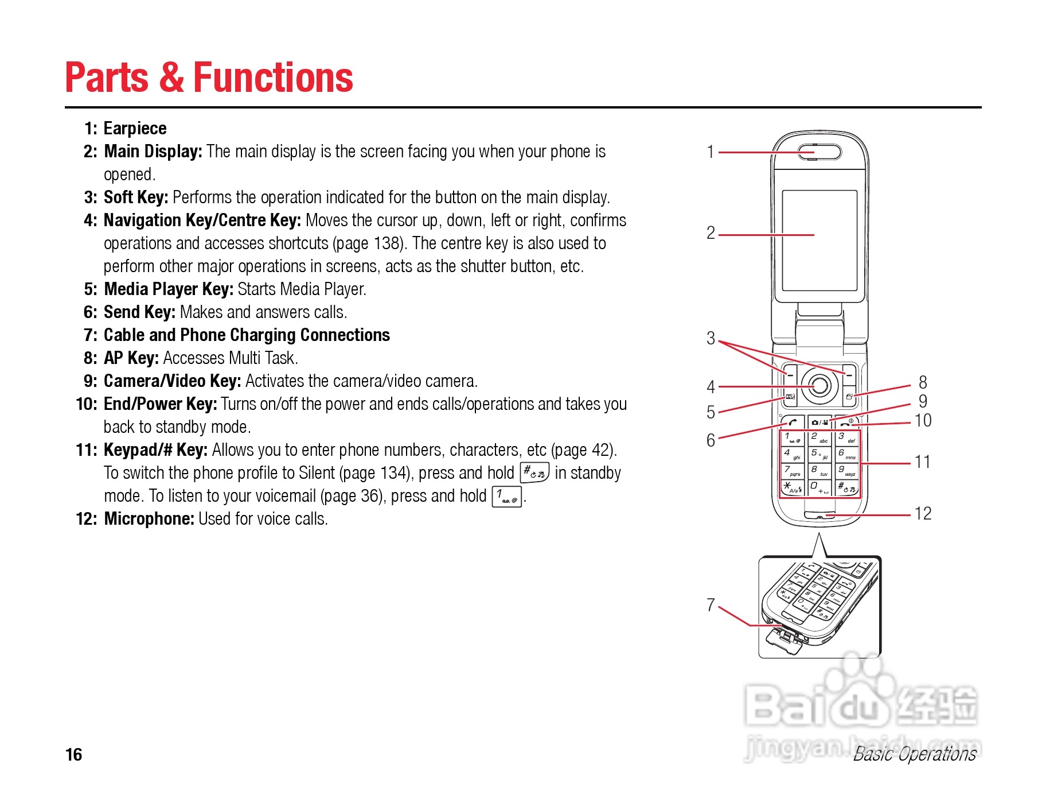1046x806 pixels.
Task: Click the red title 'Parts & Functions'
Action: coord(209,77)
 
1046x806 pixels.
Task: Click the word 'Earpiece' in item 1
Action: coord(135,129)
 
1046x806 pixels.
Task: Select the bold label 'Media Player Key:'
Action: coord(168,289)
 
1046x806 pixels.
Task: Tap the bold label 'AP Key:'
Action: coord(131,358)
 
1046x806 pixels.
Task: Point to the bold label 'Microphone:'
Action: coord(149,519)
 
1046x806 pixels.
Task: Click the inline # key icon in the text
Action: coord(534,472)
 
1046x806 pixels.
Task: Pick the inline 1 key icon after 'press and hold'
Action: coord(506,496)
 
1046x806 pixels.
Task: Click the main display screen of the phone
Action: coord(819,241)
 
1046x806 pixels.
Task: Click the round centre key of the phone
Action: coord(820,385)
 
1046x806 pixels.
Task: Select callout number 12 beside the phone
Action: coord(922,513)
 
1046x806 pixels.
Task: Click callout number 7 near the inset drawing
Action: coord(711,604)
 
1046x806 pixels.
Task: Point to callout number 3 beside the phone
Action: coord(711,338)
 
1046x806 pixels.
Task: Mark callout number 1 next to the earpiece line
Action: coord(711,152)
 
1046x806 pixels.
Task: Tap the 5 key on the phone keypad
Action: coord(819,455)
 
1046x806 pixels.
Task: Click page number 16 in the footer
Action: coord(74,754)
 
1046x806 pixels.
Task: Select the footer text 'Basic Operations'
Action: coord(914,754)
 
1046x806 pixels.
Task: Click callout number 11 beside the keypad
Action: coord(922,462)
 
